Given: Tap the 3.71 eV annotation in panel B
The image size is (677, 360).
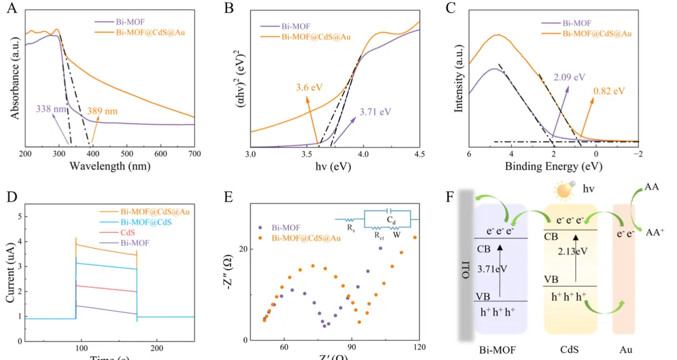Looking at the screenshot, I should [x=375, y=111].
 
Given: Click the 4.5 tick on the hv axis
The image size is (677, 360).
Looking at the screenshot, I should [x=420, y=154].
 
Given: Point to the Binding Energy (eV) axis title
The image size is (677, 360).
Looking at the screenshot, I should [x=553, y=167].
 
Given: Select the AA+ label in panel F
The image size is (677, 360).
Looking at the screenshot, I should [x=654, y=231].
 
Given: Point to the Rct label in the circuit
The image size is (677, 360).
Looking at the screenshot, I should [x=380, y=234].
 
